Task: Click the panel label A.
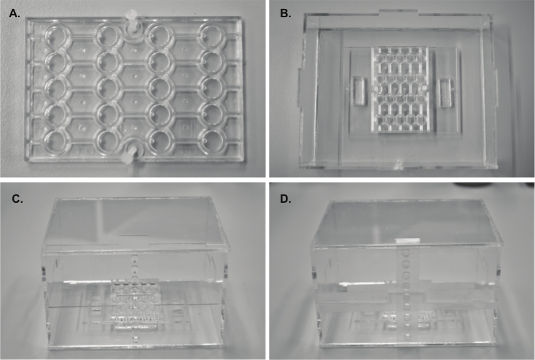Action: point(14,13)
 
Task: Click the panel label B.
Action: point(285,13)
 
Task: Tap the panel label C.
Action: point(17,199)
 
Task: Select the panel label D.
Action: point(285,199)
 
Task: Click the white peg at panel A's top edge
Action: point(131,21)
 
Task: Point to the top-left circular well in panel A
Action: point(57,36)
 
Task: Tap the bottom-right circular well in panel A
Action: point(212,141)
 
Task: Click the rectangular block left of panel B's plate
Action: point(359,91)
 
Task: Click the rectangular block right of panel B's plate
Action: point(445,92)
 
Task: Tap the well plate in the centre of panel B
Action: point(401,90)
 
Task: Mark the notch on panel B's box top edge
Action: point(398,12)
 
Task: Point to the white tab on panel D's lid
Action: point(407,240)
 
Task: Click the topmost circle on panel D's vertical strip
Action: point(406,253)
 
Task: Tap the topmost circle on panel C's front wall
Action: point(135,257)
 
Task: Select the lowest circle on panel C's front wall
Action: point(135,340)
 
